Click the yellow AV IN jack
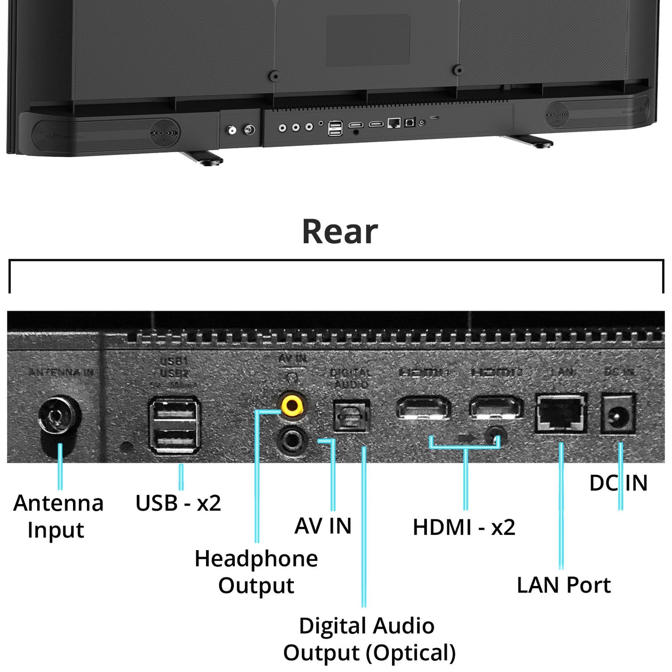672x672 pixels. click(292, 405)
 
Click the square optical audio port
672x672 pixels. click(352, 415)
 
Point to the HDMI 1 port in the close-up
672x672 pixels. click(423, 408)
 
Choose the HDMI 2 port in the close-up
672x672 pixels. click(496, 408)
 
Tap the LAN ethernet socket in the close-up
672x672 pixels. click(561, 413)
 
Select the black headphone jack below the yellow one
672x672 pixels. click(292, 439)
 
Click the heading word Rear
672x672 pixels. click(340, 232)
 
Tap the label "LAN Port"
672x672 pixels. click(564, 585)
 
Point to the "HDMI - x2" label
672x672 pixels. click(464, 527)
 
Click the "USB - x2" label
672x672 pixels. click(178, 503)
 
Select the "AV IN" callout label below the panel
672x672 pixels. click(323, 526)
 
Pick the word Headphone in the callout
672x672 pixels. click(256, 559)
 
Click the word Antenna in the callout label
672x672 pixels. click(59, 503)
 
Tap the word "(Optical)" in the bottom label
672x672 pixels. click(411, 653)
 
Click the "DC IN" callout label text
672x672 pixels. click(618, 483)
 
